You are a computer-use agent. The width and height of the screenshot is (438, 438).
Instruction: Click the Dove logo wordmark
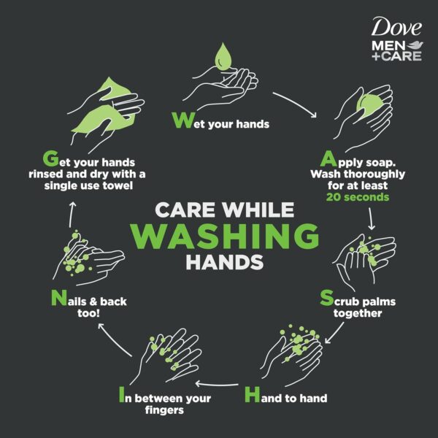click(x=396, y=28)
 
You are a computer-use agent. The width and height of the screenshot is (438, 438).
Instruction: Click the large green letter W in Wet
click(x=180, y=120)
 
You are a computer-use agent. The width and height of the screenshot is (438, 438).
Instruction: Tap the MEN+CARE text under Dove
click(x=396, y=52)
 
